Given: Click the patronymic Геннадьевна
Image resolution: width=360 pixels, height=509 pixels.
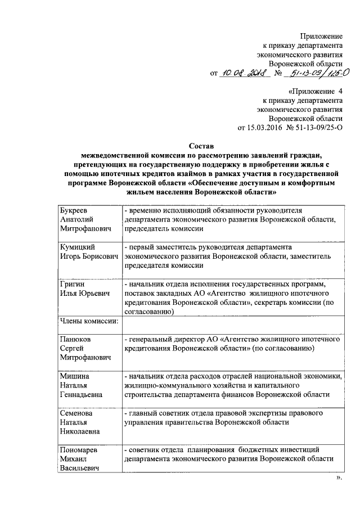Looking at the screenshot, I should (x=84, y=395).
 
